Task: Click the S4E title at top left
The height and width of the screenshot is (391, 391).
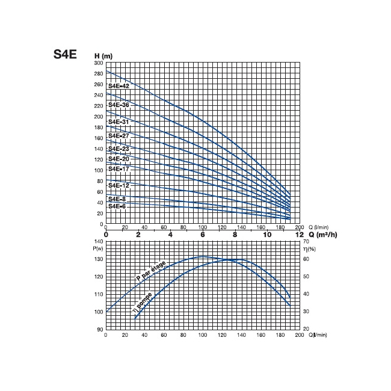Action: click(x=66, y=54)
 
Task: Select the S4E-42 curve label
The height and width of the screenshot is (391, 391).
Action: click(x=119, y=87)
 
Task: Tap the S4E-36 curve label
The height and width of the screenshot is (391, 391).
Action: click(x=119, y=105)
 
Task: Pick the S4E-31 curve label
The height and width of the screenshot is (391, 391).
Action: click(x=119, y=122)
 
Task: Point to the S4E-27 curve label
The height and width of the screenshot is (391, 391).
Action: click(x=119, y=136)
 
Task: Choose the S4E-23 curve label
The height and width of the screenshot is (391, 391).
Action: click(x=119, y=149)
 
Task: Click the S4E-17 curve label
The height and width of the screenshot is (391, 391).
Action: click(x=119, y=169)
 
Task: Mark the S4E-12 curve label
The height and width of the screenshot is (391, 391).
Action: click(x=119, y=185)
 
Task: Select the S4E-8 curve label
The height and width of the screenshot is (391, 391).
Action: click(x=117, y=199)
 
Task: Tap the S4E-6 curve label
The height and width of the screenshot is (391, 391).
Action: click(x=117, y=206)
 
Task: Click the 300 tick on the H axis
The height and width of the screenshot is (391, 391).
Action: click(x=99, y=63)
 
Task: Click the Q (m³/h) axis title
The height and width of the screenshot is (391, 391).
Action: click(x=319, y=235)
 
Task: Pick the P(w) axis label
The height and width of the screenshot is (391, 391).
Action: click(x=99, y=248)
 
